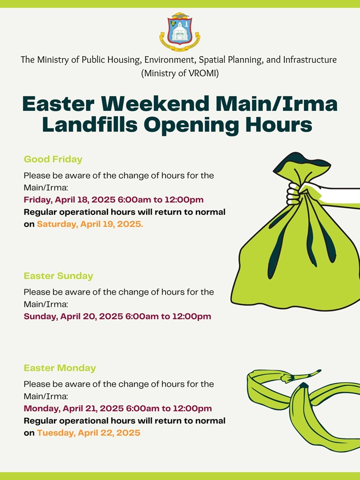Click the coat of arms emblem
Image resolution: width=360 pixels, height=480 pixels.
(179, 32)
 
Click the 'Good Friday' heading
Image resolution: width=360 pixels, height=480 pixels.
(53, 159)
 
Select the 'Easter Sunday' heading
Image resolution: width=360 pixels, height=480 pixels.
(58, 276)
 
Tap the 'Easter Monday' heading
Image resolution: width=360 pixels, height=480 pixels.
(60, 368)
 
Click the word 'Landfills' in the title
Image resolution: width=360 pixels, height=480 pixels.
(90, 124)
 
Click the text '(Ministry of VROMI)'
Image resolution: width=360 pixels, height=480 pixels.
(180, 74)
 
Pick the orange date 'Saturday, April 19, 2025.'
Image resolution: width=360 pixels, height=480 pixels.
(90, 224)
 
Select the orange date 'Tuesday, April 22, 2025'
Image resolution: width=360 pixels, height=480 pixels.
(89, 433)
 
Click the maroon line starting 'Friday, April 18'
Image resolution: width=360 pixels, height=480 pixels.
(113, 200)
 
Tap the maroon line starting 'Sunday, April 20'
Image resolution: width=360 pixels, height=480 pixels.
(118, 316)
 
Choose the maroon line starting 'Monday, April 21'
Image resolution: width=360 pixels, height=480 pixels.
(118, 409)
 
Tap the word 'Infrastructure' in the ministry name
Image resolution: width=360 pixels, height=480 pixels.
(310, 59)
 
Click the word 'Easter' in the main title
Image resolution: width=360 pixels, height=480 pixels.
(58, 104)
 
